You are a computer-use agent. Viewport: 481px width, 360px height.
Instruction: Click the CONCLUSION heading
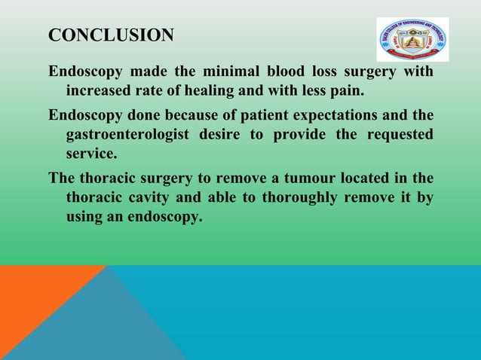111,35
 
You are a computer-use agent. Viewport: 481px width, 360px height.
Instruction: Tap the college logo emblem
412,40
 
